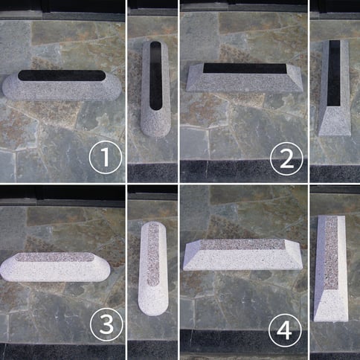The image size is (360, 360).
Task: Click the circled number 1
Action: pyautogui.click(x=106, y=157)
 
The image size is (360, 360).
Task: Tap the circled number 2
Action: pyautogui.click(x=286, y=158)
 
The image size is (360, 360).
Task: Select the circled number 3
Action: pyautogui.click(x=106, y=324)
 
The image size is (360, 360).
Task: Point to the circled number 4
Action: pyautogui.click(x=285, y=330)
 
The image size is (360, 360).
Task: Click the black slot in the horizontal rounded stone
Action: pyautogui.click(x=62, y=75)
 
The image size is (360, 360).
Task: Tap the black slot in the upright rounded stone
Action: pyautogui.click(x=156, y=76)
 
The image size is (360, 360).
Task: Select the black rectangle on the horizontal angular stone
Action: pyautogui.click(x=245, y=68)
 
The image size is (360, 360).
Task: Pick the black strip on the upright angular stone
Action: pyautogui.click(x=334, y=73)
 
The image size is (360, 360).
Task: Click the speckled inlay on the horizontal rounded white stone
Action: pyautogui.click(x=55, y=257)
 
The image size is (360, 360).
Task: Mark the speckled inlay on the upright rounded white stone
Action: pyautogui.click(x=153, y=254)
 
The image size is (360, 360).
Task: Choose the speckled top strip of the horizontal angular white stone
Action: pyautogui.click(x=242, y=245)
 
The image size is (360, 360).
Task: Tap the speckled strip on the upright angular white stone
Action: pyautogui.click(x=331, y=253)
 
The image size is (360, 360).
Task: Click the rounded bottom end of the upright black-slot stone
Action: pyautogui.click(x=156, y=126)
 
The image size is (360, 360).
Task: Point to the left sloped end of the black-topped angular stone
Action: pyautogui.click(x=196, y=79)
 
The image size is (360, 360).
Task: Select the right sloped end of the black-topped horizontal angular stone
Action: pyautogui.click(x=295, y=78)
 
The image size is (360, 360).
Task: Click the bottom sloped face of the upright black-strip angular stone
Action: pyautogui.click(x=334, y=121)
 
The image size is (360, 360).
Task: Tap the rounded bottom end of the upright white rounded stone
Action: pyautogui.click(x=152, y=303)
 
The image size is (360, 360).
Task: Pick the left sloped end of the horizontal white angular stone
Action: pyautogui.click(x=192, y=255)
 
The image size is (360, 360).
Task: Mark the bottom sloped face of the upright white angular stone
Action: pyautogui.click(x=331, y=306)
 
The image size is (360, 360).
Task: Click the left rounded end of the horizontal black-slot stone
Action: pyautogui.click(x=10, y=86)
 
